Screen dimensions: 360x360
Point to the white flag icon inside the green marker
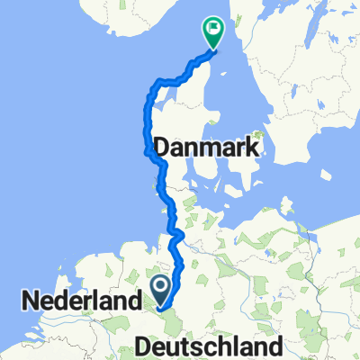(213, 29)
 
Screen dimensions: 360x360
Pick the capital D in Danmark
(165, 147)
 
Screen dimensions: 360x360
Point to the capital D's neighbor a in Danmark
(182, 148)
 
